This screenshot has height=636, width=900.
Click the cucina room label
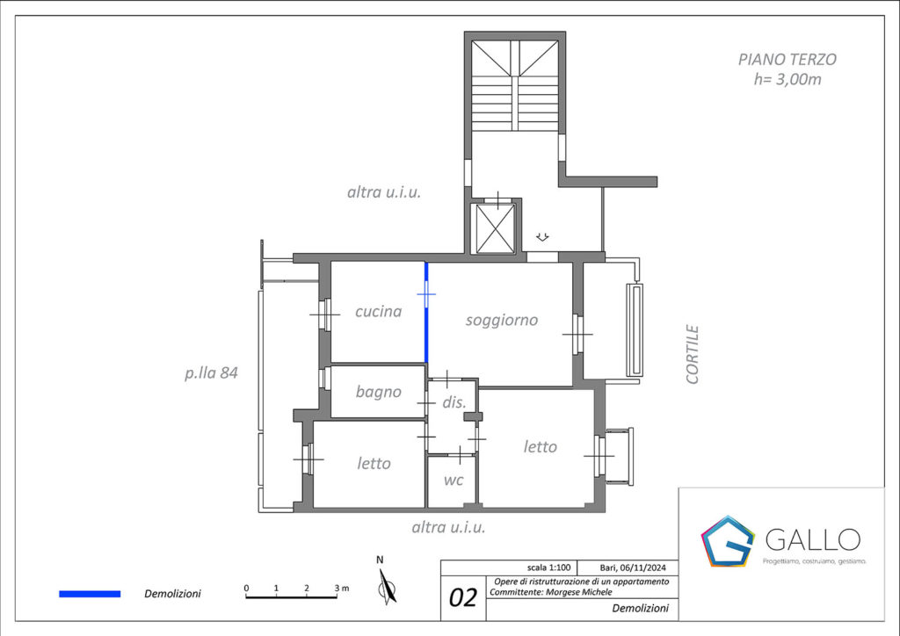click(378, 311)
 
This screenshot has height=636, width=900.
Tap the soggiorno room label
click(502, 321)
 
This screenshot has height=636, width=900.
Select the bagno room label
click(378, 393)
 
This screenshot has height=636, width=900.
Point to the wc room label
click(454, 480)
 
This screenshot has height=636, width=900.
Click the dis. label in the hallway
click(454, 402)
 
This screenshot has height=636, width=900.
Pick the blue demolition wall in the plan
click(426, 313)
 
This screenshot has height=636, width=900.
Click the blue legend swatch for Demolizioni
click(90, 594)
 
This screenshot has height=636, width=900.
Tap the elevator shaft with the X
click(496, 228)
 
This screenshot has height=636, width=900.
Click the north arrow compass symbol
click(388, 587)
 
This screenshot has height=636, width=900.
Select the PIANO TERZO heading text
click(787, 60)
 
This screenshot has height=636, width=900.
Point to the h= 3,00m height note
click(787, 80)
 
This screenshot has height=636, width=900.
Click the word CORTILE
click(693, 354)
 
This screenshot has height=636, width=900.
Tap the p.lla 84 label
click(211, 373)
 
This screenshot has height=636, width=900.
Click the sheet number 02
click(462, 597)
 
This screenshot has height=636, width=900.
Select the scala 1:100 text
click(548, 567)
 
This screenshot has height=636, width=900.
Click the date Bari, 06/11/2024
click(633, 567)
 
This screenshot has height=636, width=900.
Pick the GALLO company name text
click(813, 539)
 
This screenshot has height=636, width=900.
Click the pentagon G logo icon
click(727, 541)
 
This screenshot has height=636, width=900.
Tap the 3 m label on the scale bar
click(342, 588)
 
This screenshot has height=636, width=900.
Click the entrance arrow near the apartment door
click(542, 237)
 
